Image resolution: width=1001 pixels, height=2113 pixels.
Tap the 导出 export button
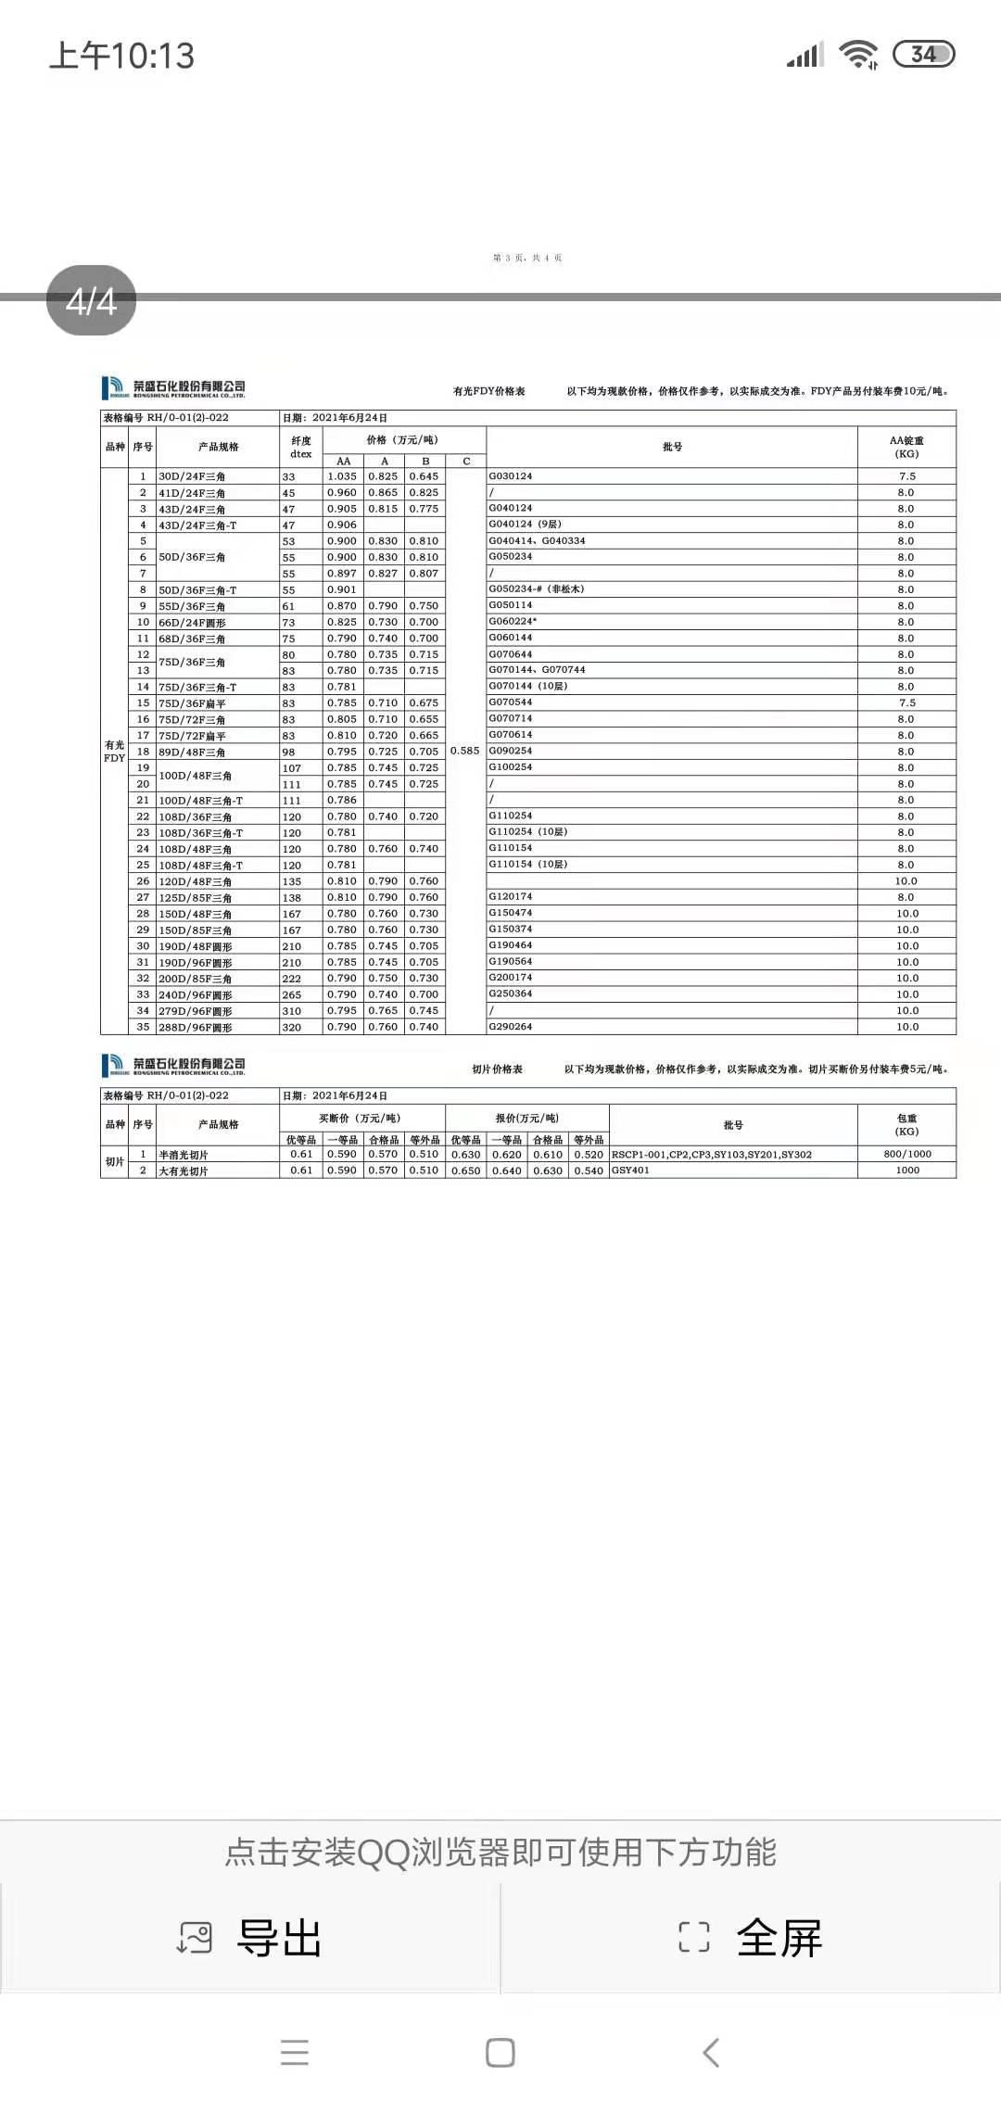(250, 1938)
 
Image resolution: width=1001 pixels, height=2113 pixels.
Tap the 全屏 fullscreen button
(751, 1938)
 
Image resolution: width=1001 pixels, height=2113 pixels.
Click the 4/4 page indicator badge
(91, 301)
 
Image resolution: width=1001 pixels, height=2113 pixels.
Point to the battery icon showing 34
(923, 55)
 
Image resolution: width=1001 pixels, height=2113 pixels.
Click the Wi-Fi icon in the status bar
(858, 55)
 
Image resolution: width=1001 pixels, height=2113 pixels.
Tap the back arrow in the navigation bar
(711, 2053)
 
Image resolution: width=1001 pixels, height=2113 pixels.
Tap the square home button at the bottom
(500, 2053)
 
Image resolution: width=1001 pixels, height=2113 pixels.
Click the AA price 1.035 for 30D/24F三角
(342, 476)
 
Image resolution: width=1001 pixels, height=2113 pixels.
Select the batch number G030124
(511, 476)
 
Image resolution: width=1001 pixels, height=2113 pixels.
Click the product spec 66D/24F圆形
(192, 623)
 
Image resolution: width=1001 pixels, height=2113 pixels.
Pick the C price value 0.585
(465, 751)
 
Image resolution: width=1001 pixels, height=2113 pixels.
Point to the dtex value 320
(292, 1027)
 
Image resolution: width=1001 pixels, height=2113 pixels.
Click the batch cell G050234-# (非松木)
(537, 589)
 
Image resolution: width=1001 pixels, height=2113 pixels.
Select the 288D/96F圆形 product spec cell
(196, 1027)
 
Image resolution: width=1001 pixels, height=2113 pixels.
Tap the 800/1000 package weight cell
(907, 1154)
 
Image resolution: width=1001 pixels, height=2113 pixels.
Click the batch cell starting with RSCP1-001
(711, 1155)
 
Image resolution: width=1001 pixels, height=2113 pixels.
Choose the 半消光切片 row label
(184, 1155)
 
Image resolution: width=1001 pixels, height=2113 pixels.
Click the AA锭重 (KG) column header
(906, 447)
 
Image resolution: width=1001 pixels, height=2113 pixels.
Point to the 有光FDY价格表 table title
(488, 391)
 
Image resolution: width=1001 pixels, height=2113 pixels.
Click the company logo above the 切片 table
(173, 1065)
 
